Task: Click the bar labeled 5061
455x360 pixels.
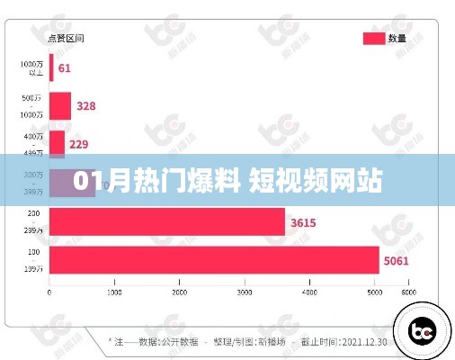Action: (x=214, y=259)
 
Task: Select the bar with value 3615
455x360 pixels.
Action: (x=166, y=222)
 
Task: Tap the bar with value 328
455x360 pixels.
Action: (x=60, y=106)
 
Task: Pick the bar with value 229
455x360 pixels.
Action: (x=57, y=144)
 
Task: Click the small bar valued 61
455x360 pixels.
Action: (x=51, y=68)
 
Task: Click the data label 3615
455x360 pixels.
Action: (x=303, y=222)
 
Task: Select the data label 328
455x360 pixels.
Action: (x=86, y=106)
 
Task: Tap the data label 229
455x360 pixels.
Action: (x=80, y=144)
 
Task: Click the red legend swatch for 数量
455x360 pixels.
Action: (x=373, y=38)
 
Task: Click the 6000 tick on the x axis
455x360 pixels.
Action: (x=409, y=293)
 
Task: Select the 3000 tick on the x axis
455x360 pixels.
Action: (x=245, y=293)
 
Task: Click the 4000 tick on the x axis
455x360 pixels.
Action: (x=310, y=293)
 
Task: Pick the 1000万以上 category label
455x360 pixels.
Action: (x=32, y=68)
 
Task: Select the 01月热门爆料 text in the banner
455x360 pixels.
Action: (x=155, y=181)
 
